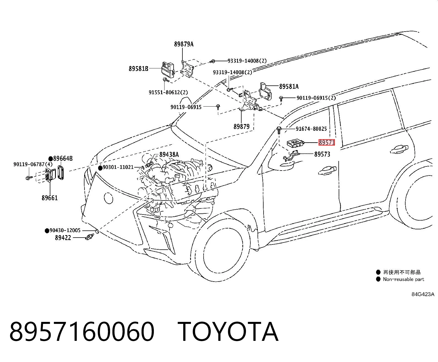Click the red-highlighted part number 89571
click(327, 143)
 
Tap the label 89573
click(322, 154)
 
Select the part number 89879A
click(184, 44)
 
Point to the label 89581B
click(138, 68)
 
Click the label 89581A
click(289, 86)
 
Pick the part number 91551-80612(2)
click(168, 92)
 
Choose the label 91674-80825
click(311, 129)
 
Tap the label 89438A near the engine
click(169, 155)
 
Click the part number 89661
click(50, 198)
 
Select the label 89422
click(63, 238)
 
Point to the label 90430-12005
click(65, 230)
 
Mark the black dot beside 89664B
click(51, 158)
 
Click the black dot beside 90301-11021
click(100, 168)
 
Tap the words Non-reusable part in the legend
click(403, 279)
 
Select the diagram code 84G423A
click(423, 294)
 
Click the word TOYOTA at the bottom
click(228, 332)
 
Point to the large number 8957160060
click(82, 332)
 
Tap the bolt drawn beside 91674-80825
click(279, 130)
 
